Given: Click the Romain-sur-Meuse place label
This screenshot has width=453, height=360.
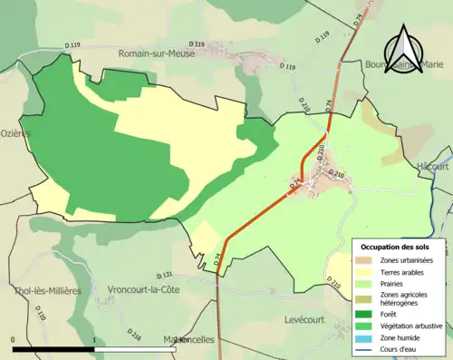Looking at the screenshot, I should [x=159, y=54].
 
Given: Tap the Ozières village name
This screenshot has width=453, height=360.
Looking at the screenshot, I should [x=15, y=133].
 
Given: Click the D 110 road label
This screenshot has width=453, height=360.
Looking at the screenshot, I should [x=42, y=314].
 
